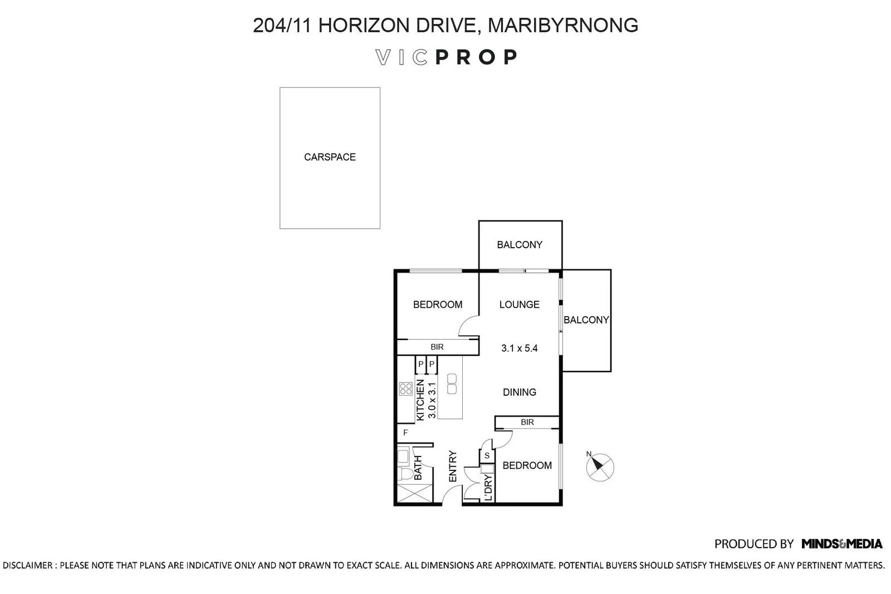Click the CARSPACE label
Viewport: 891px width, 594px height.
[330, 157]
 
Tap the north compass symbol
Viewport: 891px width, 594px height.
[599, 467]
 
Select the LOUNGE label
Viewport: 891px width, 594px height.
[520, 305]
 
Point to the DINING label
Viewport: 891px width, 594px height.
[520, 392]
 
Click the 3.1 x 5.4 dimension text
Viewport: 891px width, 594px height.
[520, 348]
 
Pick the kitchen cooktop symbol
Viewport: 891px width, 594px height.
[406, 389]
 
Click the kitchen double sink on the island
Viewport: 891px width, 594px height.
[452, 384]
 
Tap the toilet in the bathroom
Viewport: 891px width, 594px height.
[405, 474]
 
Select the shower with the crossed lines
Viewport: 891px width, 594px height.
[415, 494]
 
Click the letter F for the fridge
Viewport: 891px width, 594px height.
[405, 433]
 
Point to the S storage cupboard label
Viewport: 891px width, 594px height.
[487, 455]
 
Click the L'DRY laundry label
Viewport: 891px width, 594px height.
[488, 488]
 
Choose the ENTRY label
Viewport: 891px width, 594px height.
[453, 466]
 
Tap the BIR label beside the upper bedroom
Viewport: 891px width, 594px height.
[437, 347]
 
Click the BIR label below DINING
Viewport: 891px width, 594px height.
[527, 422]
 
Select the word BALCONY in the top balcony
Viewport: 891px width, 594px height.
[520, 245]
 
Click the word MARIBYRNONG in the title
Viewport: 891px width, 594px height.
[563, 26]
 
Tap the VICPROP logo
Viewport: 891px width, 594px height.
[446, 57]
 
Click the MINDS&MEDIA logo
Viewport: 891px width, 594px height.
[841, 544]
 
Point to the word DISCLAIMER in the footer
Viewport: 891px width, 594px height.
[27, 566]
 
